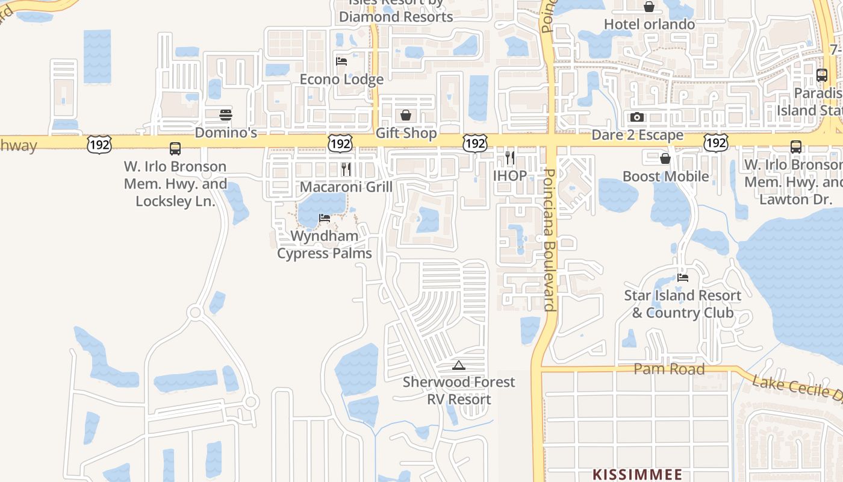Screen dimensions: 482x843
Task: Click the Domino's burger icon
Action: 226,114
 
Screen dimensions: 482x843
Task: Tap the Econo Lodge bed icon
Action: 341,61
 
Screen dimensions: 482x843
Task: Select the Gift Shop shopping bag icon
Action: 406,114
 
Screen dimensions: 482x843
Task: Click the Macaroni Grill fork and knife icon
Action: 346,169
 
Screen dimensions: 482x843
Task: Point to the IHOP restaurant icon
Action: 510,158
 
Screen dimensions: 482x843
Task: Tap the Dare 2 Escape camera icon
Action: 637,117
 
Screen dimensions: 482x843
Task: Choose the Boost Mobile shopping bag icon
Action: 665,158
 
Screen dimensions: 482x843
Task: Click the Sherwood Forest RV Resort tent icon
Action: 459,365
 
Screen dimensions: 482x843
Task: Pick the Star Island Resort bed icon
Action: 683,278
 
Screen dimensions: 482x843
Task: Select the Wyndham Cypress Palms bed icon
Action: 325,218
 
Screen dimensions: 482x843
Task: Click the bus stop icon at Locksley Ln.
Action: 175,148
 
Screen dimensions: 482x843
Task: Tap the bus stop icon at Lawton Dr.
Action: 796,146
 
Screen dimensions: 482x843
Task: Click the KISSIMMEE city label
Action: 638,474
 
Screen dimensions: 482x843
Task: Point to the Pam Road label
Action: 669,369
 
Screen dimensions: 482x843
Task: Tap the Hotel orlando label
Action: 649,24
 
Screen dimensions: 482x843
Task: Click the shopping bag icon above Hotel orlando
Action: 649,7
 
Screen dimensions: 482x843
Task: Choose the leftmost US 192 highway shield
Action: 98,143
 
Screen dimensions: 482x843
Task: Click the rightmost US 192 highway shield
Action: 715,143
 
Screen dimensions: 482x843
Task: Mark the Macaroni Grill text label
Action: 346,187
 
